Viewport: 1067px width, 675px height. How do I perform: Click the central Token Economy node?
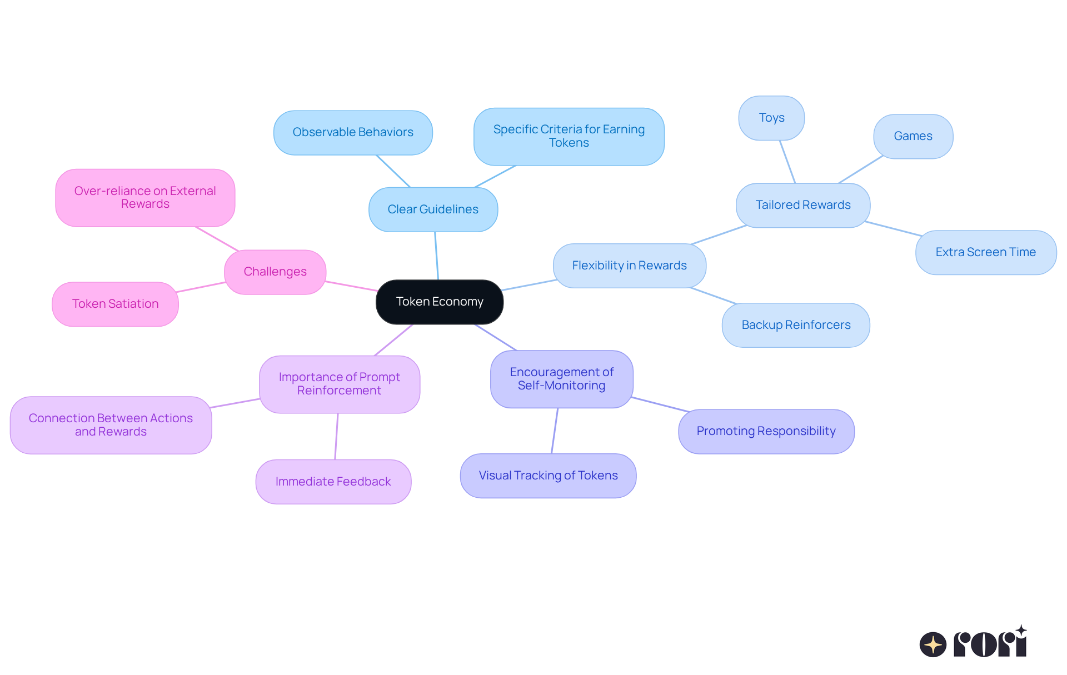coord(440,302)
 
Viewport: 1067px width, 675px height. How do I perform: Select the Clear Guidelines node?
coord(433,209)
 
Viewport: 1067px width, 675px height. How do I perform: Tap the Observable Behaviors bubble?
coord(353,132)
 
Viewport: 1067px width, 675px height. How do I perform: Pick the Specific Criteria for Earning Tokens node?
coord(569,136)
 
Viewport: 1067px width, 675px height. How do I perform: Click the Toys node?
coord(771,118)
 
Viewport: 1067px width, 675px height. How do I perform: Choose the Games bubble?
coord(913,136)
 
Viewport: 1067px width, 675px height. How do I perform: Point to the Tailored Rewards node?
coord(803,205)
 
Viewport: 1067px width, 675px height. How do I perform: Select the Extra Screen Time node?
coord(985,252)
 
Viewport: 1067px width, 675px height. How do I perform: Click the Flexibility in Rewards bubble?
coord(629,266)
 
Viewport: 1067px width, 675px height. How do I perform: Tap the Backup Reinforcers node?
coord(796,325)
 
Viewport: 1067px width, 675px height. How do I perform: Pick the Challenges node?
coord(275,272)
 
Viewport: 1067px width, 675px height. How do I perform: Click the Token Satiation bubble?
coord(115,304)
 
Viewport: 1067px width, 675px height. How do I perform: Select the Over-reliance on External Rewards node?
coord(145,197)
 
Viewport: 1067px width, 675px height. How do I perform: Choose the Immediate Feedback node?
coord(333,482)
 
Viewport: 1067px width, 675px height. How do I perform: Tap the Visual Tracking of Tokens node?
coord(548,476)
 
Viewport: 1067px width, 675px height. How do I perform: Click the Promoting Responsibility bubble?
coord(766,431)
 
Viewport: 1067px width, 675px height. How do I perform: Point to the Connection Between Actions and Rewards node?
coord(111,425)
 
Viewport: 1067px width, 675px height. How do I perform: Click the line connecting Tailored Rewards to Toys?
coord(787,162)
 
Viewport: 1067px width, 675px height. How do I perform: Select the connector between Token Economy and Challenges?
coord(351,286)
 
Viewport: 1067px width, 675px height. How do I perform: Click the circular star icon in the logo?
coord(933,644)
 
